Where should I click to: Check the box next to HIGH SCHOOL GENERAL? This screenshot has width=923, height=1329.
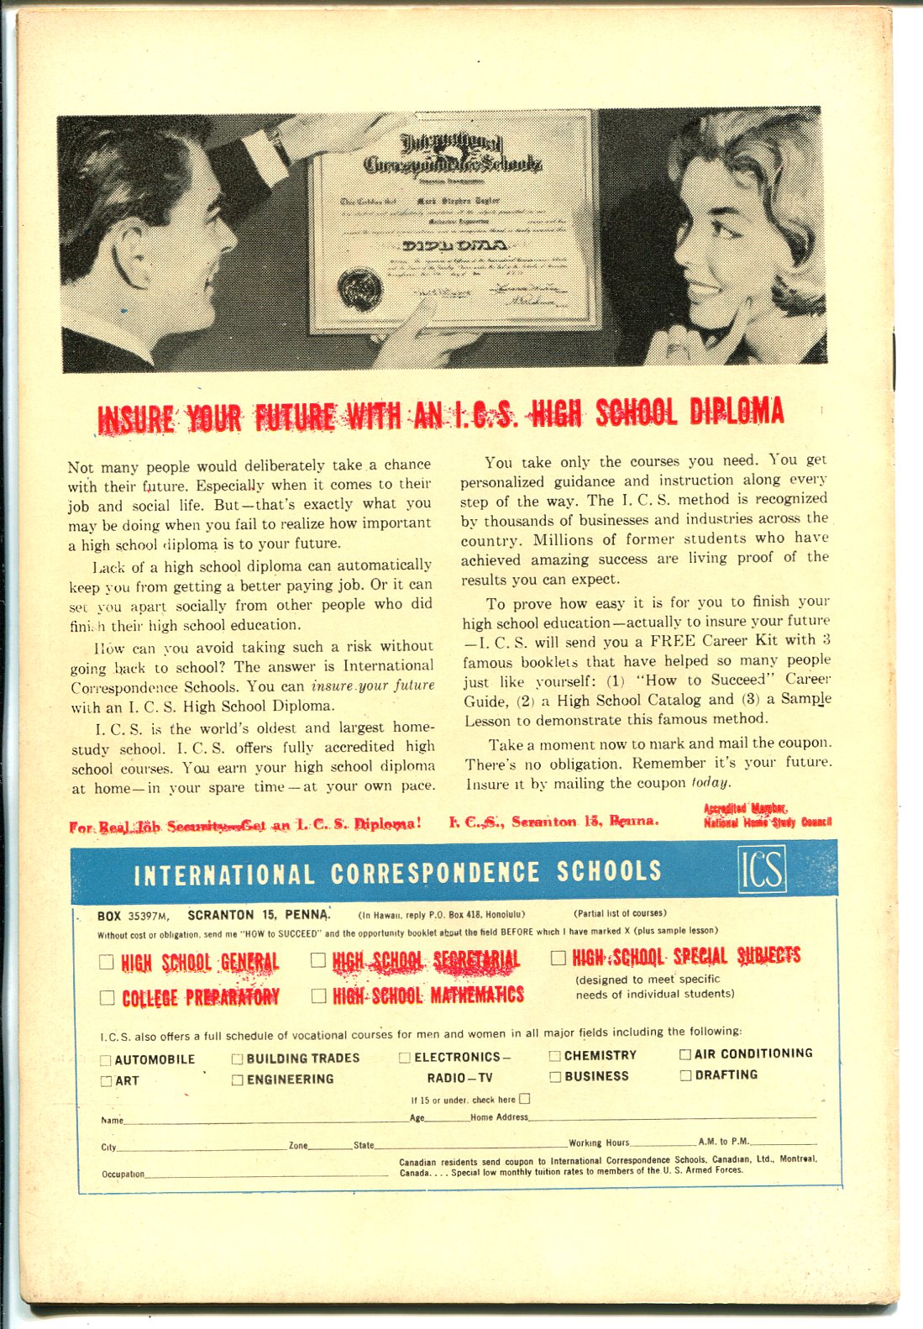click(x=107, y=962)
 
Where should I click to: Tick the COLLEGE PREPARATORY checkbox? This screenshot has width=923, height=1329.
click(x=107, y=997)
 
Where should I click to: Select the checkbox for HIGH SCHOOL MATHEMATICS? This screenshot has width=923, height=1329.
click(x=318, y=995)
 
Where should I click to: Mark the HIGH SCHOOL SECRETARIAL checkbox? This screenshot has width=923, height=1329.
click(x=318, y=959)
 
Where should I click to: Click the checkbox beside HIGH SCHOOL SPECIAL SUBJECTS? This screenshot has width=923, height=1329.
click(x=559, y=958)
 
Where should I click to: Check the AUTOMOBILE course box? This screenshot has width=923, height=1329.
click(x=106, y=1060)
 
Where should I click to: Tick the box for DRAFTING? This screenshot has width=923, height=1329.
click(x=685, y=1075)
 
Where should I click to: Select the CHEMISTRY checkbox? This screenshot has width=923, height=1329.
click(x=554, y=1056)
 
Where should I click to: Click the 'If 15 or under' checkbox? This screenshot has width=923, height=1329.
click(x=525, y=1098)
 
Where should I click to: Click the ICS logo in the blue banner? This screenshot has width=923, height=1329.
click(x=763, y=869)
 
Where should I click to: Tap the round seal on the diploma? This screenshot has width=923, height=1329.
click(x=360, y=288)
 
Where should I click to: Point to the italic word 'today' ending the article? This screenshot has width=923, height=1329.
click(x=709, y=783)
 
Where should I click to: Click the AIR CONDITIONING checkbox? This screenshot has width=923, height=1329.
click(x=685, y=1053)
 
